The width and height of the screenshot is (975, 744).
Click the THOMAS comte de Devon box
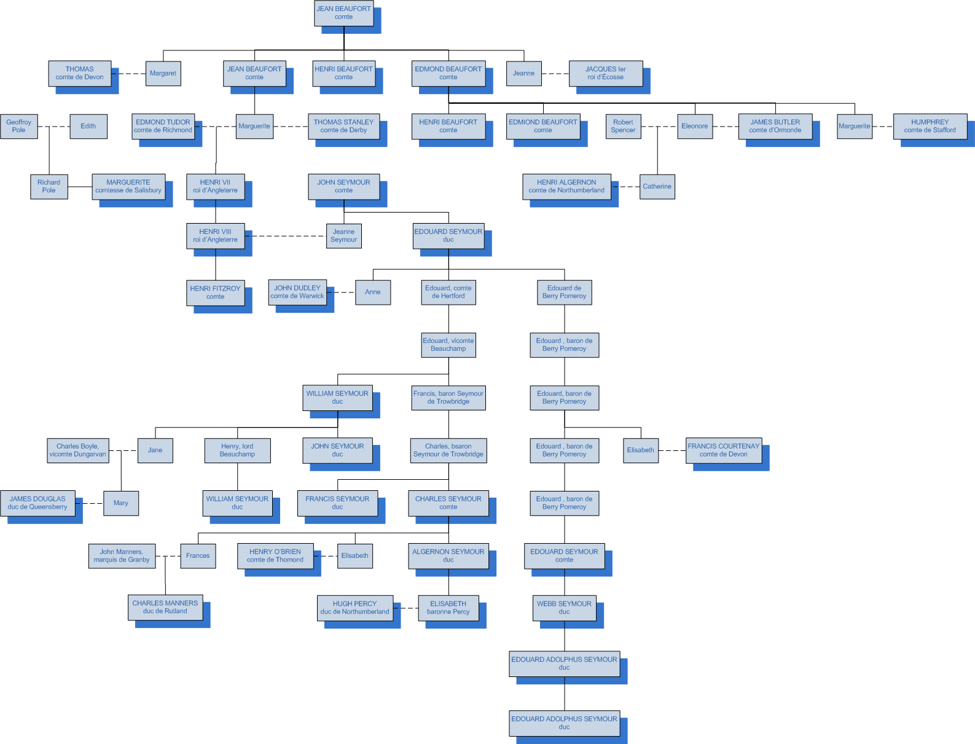pyautogui.click(x=80, y=73)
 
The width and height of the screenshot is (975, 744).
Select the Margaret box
pyautogui.click(x=163, y=73)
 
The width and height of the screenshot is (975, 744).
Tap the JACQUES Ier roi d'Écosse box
pyautogui.click(x=605, y=73)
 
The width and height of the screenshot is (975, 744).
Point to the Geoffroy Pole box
pyautogui.click(x=19, y=126)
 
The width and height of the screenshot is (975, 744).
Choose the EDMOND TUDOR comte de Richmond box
pyautogui.click(x=163, y=126)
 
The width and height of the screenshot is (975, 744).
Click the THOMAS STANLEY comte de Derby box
pyautogui.click(x=343, y=126)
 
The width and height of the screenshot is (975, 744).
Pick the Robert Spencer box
pyautogui.click(x=623, y=126)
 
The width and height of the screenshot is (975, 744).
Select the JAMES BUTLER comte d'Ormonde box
pyautogui.click(x=775, y=126)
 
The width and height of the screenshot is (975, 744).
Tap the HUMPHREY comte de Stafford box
pyautogui.click(x=930, y=126)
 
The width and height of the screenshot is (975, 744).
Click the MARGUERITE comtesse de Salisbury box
pyautogui.click(x=128, y=186)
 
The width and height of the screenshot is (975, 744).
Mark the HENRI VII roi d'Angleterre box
pyautogui.click(x=215, y=186)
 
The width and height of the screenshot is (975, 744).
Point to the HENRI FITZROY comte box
pyautogui.click(x=215, y=292)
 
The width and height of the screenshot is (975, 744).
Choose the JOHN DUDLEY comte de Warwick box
pyautogui.click(x=297, y=292)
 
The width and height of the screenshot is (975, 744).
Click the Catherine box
pyautogui.click(x=657, y=186)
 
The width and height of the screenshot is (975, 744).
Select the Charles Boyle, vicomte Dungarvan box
pyautogui.click(x=77, y=450)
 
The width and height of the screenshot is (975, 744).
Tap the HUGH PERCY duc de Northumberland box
pyautogui.click(x=354, y=608)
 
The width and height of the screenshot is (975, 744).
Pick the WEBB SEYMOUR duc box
pyautogui.click(x=564, y=608)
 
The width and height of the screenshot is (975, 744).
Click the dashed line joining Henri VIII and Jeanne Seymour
pyautogui.click(x=286, y=236)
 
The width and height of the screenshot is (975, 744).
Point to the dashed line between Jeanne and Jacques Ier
pyautogui.click(x=555, y=74)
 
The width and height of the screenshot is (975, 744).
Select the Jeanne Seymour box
pyautogui.click(x=343, y=236)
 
